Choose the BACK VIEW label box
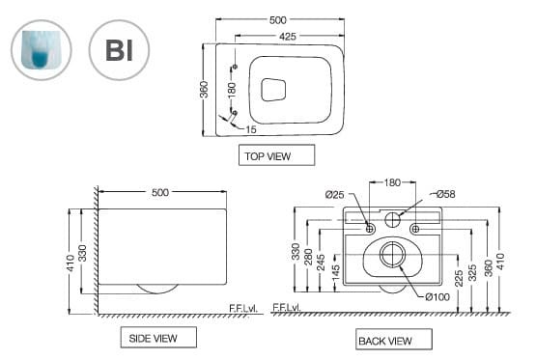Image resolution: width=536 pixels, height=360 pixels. pos(384,340)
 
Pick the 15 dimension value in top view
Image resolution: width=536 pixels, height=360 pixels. pos(251,128)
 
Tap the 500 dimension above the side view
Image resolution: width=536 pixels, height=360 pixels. pos(160,192)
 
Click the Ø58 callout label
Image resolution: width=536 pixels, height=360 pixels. pos(445,194)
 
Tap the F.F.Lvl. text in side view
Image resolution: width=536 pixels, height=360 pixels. pos(243,307)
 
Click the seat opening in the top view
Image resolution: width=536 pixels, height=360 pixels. pos(275,90)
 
